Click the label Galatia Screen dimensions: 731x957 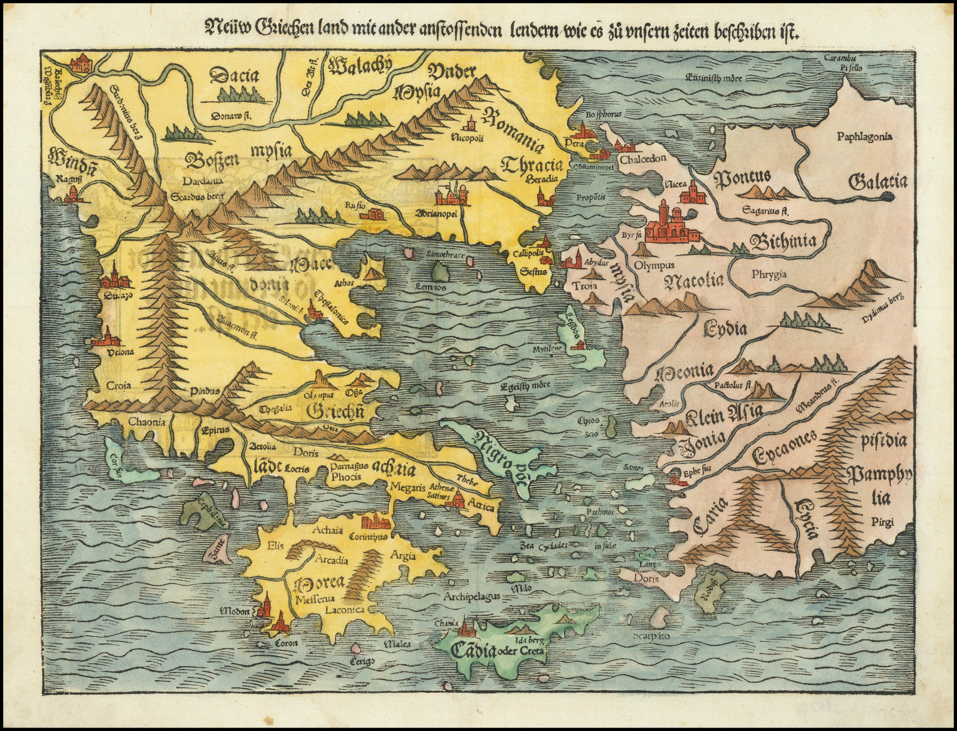click(877, 181)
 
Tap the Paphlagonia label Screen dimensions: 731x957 click(864, 136)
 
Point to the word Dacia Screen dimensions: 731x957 click(234, 76)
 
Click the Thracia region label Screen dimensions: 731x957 click(533, 165)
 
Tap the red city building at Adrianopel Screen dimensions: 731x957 click(449, 196)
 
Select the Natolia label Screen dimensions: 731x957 click(694, 279)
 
